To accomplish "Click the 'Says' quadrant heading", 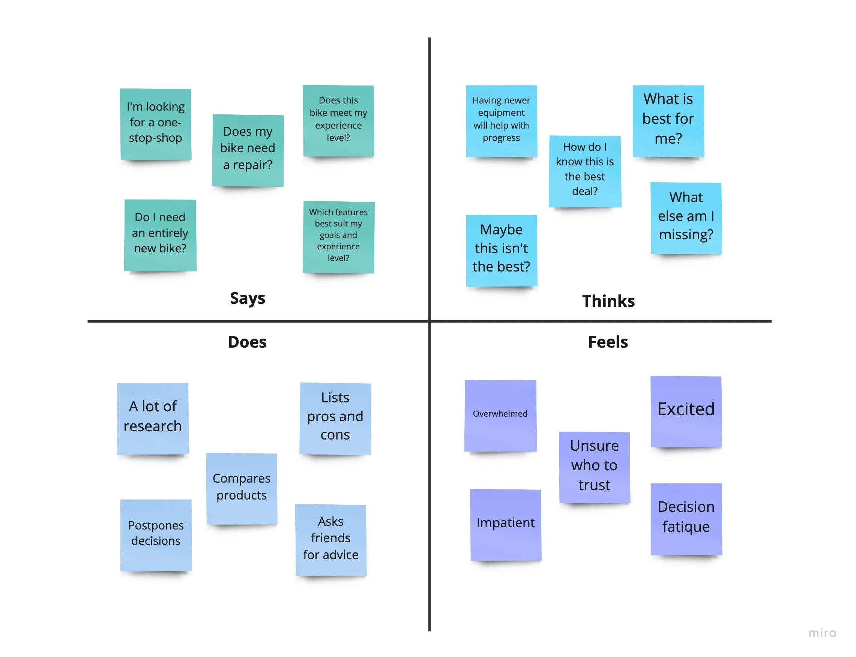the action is [247, 298].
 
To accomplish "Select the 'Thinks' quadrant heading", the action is [608, 301].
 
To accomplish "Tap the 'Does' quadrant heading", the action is [247, 342].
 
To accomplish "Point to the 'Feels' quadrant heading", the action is [608, 342].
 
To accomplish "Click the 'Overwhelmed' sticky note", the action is [500, 415].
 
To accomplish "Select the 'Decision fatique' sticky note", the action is [686, 519].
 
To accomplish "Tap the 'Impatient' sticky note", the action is [506, 524].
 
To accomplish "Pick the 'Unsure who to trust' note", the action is [594, 466].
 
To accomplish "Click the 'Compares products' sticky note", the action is [242, 488].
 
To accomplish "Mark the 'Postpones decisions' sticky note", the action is [156, 535].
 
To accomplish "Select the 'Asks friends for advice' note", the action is [330, 539].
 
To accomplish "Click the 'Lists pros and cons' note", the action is [335, 418].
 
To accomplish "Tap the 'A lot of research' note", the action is [153, 418].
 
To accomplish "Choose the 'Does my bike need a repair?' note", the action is [248, 150].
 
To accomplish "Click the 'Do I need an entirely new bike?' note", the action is [160, 235].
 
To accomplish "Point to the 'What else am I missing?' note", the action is [686, 217].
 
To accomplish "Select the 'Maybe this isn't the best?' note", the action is [501, 250].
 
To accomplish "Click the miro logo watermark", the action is [822, 633].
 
